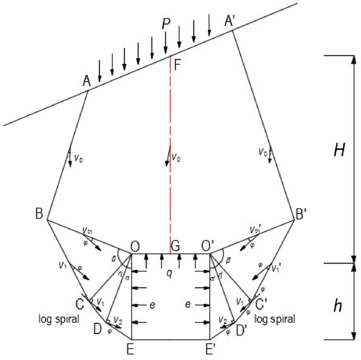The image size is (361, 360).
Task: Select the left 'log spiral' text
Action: click(58, 319)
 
